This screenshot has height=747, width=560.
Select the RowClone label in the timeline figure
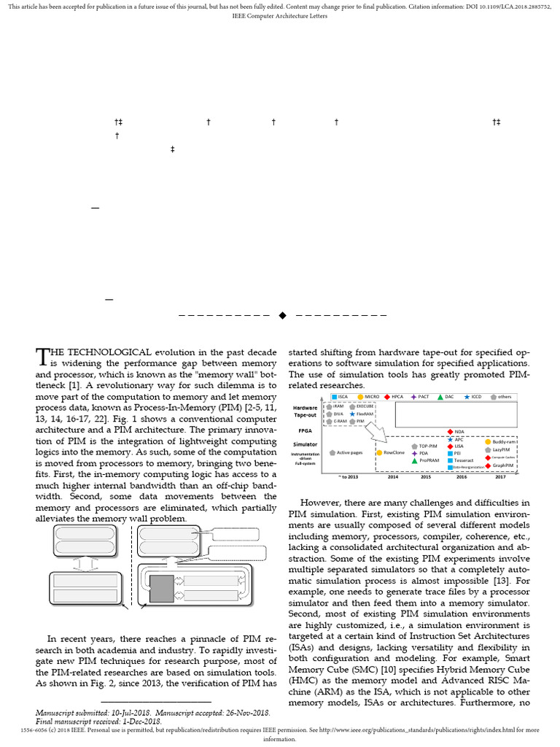coord(394,453)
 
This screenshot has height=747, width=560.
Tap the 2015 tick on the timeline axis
coord(426,476)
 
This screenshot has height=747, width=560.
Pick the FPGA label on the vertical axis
coord(305,430)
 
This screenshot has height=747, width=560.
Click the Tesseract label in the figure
coord(464,460)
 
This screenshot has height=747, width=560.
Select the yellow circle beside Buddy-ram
coord(488,441)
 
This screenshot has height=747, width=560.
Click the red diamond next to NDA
coord(450,431)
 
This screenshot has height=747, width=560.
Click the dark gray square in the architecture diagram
coord(161,588)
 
